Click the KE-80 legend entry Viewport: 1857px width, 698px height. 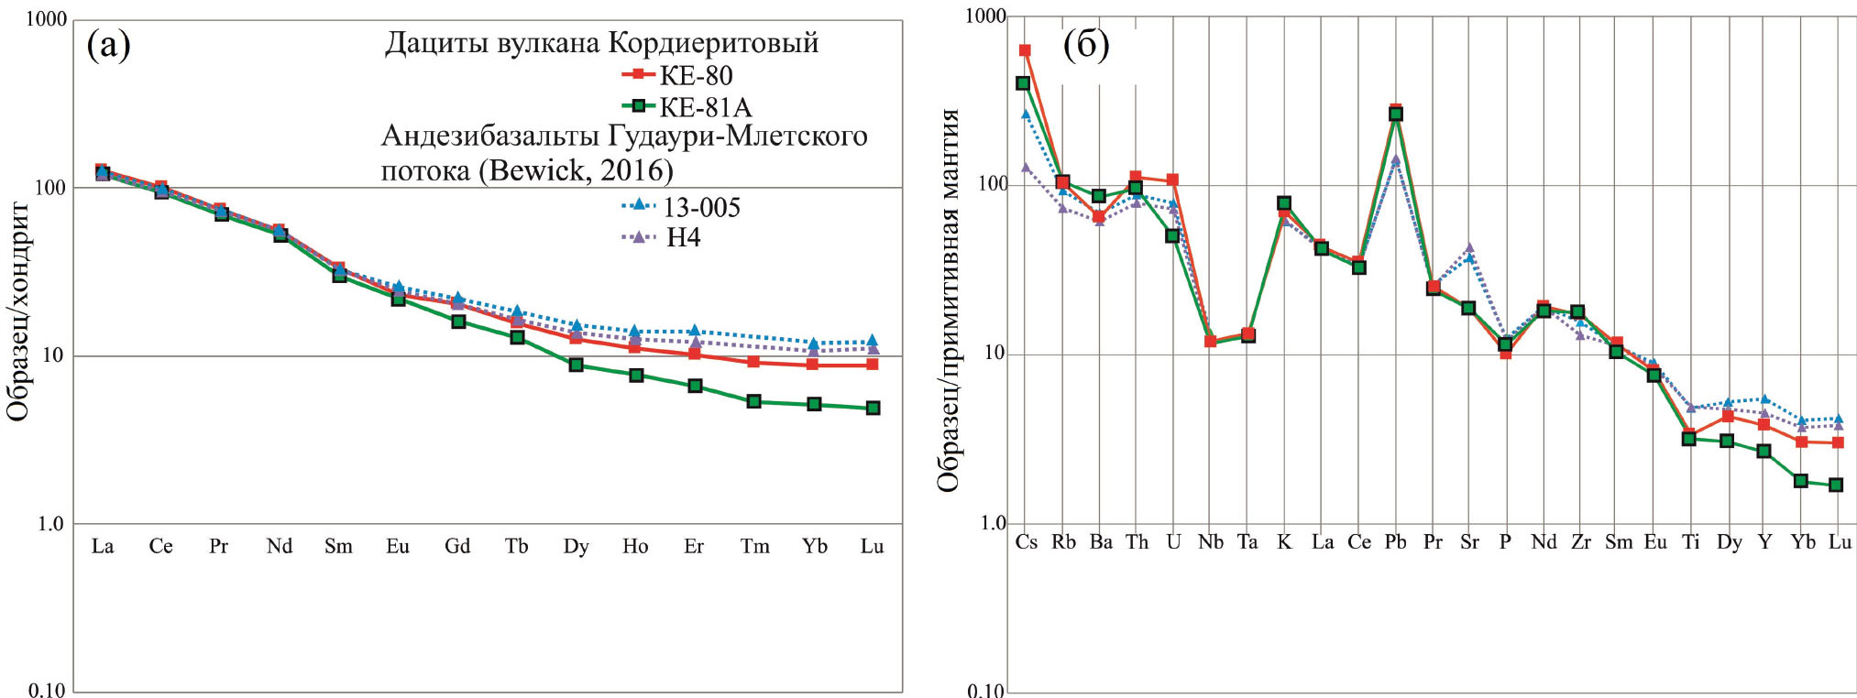click(x=678, y=75)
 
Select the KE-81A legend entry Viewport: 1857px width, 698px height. click(x=687, y=107)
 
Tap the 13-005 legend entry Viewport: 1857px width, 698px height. click(x=683, y=207)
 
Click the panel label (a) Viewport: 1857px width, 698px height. click(x=108, y=44)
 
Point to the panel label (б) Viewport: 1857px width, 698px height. click(x=1086, y=44)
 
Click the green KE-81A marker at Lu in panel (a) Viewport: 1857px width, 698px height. click(x=873, y=408)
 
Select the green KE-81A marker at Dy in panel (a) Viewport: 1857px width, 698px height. click(x=576, y=365)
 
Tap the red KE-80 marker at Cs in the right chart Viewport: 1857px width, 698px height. click(x=1025, y=50)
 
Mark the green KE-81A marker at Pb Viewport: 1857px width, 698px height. click(x=1396, y=115)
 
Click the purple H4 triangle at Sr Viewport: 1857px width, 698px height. click(x=1469, y=247)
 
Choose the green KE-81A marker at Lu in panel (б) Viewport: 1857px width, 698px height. click(x=1836, y=485)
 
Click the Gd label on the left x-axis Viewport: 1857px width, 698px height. click(x=457, y=547)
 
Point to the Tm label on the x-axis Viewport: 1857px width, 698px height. click(x=754, y=547)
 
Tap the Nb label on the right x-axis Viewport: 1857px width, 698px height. click(x=1210, y=542)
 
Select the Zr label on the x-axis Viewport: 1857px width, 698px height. click(x=1581, y=542)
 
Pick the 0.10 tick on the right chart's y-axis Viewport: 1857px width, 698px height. click(x=986, y=690)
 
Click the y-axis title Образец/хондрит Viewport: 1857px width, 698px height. click(x=18, y=311)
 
